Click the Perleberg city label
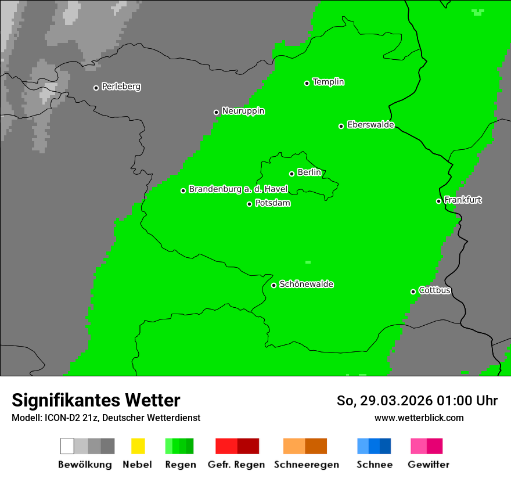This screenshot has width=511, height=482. tap(121, 87)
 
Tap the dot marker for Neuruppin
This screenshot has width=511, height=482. tap(216, 112)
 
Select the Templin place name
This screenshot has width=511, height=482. tap(328, 82)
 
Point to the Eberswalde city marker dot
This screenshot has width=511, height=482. tap(341, 126)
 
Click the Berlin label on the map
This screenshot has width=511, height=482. tap(309, 172)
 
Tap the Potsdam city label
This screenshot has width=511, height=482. tap(272, 203)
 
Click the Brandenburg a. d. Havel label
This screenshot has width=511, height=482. tap(238, 189)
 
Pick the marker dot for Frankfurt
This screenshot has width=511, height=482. tap(439, 201)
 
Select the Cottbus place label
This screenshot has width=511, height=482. tap(434, 290)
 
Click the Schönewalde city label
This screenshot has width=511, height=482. tap(306, 284)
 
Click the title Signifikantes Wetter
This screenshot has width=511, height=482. tap(96, 401)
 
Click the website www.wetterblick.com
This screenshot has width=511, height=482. tap(419, 418)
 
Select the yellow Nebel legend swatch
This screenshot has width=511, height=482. tap(138, 446)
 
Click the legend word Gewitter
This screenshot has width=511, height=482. tap(428, 465)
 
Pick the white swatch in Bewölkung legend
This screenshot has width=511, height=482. tap(67, 446)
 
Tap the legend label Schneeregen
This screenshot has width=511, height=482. tap(306, 465)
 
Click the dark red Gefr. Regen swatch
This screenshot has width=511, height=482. tap(248, 446)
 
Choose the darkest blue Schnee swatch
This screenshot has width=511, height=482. tap(385, 446)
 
